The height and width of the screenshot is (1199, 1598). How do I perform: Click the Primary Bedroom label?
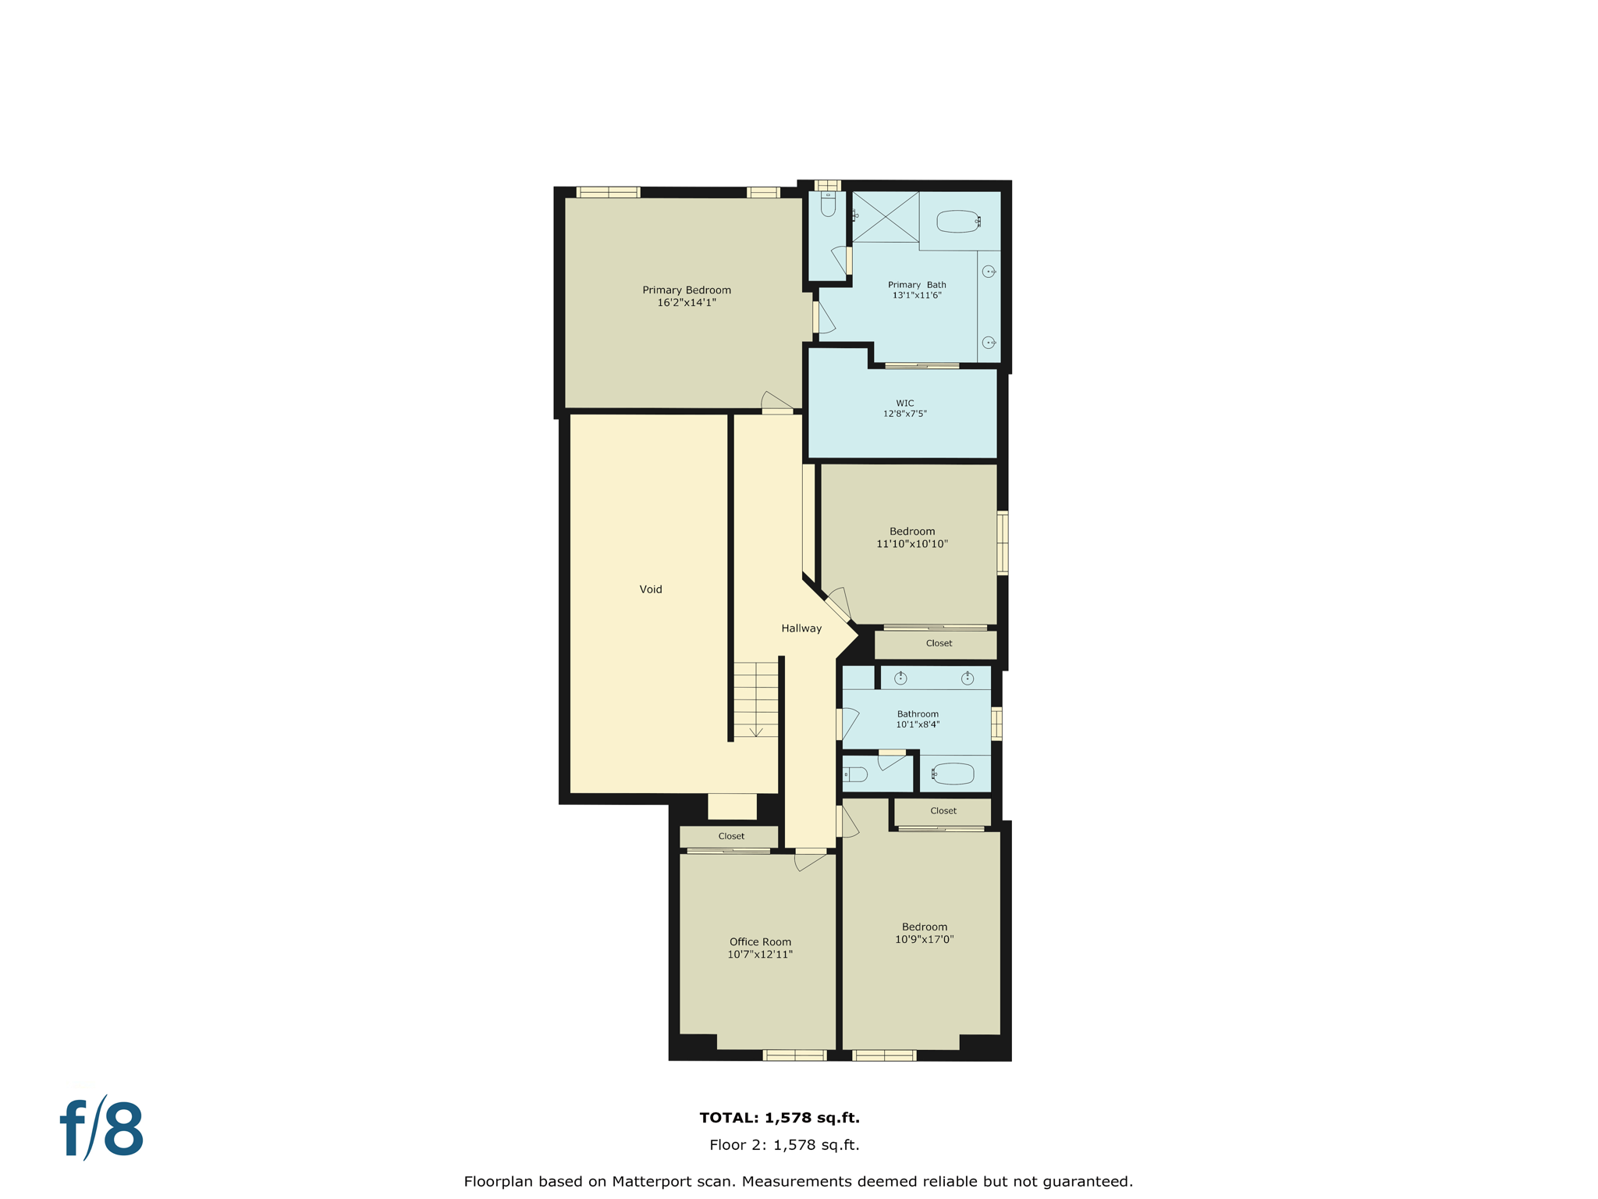point(686,290)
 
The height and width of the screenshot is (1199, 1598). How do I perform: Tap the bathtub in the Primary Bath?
point(957,222)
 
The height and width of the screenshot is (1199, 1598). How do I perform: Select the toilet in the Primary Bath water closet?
point(828,205)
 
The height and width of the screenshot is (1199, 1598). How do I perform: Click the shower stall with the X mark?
point(885,216)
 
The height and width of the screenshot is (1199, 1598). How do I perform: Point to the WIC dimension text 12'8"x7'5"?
point(904,414)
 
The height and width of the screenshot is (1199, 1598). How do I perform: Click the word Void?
point(650,589)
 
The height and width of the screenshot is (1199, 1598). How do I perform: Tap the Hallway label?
point(801,628)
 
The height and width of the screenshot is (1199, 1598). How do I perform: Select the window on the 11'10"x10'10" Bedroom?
point(1003,543)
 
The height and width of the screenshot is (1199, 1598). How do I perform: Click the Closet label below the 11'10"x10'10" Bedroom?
point(939,643)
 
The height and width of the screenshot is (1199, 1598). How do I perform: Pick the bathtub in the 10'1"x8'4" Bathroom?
point(953,774)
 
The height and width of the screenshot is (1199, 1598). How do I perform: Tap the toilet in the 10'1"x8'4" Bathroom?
point(857,774)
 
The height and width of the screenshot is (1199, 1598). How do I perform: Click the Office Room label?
point(760,941)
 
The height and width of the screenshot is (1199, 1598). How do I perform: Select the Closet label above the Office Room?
point(731,836)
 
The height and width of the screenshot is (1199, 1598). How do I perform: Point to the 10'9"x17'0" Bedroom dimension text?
point(924,939)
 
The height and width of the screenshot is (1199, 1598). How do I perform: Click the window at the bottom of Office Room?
point(794,1055)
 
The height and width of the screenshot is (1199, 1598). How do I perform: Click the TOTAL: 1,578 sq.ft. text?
point(779,1118)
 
